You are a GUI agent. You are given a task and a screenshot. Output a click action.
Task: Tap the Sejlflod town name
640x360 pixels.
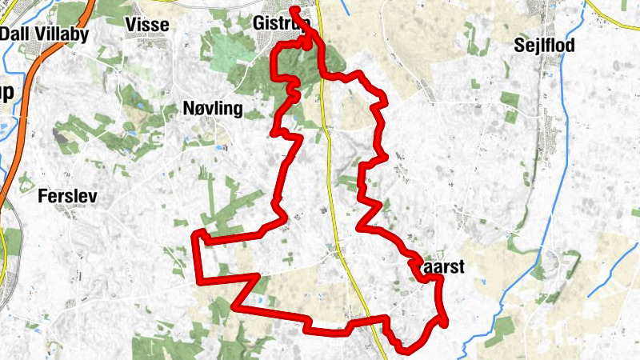coord(543,46)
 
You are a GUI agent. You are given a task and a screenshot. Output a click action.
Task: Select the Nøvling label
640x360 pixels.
coord(212,109)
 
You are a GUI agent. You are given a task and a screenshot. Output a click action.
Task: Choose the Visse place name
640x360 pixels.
coord(148,25)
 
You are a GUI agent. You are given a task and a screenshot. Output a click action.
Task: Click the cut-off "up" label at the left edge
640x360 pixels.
coord(6,92)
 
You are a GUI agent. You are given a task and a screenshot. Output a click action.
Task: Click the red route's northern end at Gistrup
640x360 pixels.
coord(294,10)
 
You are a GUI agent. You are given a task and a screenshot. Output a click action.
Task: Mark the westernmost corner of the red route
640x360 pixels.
coord(196,234)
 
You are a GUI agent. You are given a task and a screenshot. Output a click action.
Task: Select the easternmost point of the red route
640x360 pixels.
coord(444,321)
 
